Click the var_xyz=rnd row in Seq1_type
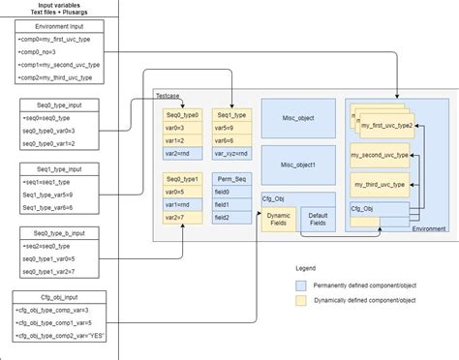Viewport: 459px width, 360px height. tap(232, 153)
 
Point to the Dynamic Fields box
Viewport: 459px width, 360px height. tap(279, 220)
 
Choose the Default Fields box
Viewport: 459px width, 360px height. tap(319, 220)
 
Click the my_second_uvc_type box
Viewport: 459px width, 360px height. tap(382, 155)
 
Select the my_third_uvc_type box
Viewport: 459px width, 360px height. tap(382, 184)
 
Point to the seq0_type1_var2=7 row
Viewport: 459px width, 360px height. tap(52, 272)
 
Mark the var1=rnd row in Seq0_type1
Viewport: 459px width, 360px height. tap(183, 205)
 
